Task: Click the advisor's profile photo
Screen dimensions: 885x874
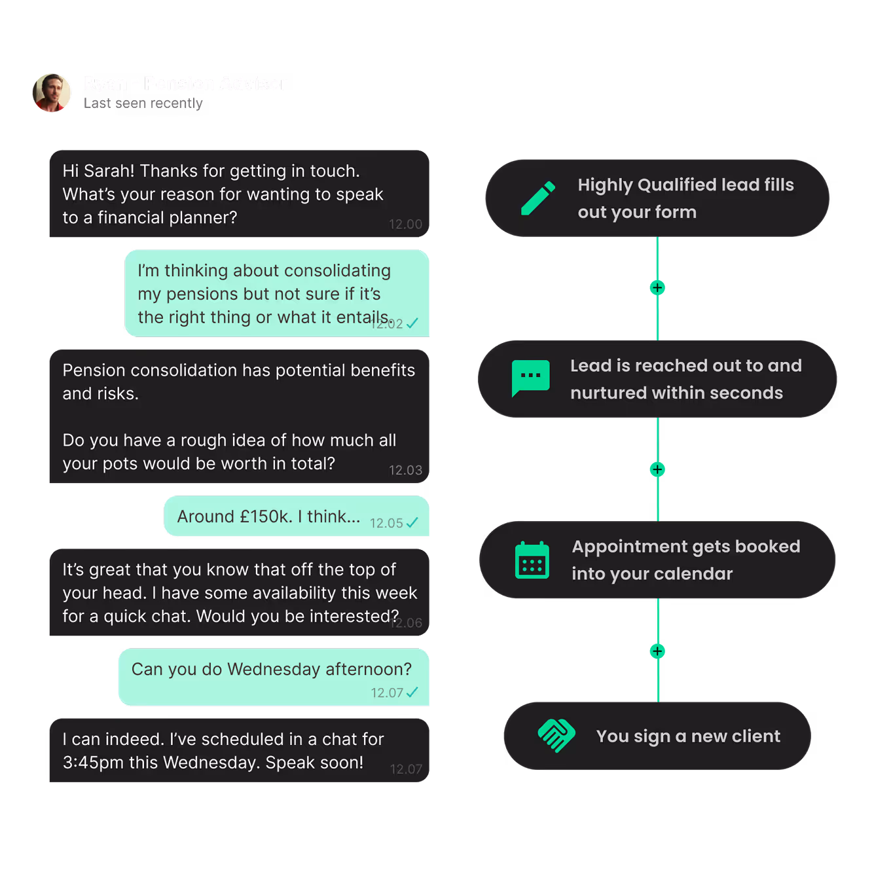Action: click(52, 93)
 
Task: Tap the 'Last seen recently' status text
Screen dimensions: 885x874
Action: click(143, 103)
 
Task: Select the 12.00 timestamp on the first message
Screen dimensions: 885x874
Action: click(405, 224)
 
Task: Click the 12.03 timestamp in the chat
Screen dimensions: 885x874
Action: click(405, 470)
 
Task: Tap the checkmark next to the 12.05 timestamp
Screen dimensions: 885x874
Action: click(412, 522)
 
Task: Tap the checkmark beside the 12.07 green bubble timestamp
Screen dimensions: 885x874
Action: click(412, 693)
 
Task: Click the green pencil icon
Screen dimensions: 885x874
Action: click(538, 198)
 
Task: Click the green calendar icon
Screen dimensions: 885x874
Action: click(532, 560)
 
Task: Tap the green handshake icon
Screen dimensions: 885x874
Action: click(556, 736)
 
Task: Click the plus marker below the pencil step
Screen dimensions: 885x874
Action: click(657, 288)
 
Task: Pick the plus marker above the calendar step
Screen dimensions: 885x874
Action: click(657, 469)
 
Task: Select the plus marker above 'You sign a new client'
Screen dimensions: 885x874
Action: click(657, 651)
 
